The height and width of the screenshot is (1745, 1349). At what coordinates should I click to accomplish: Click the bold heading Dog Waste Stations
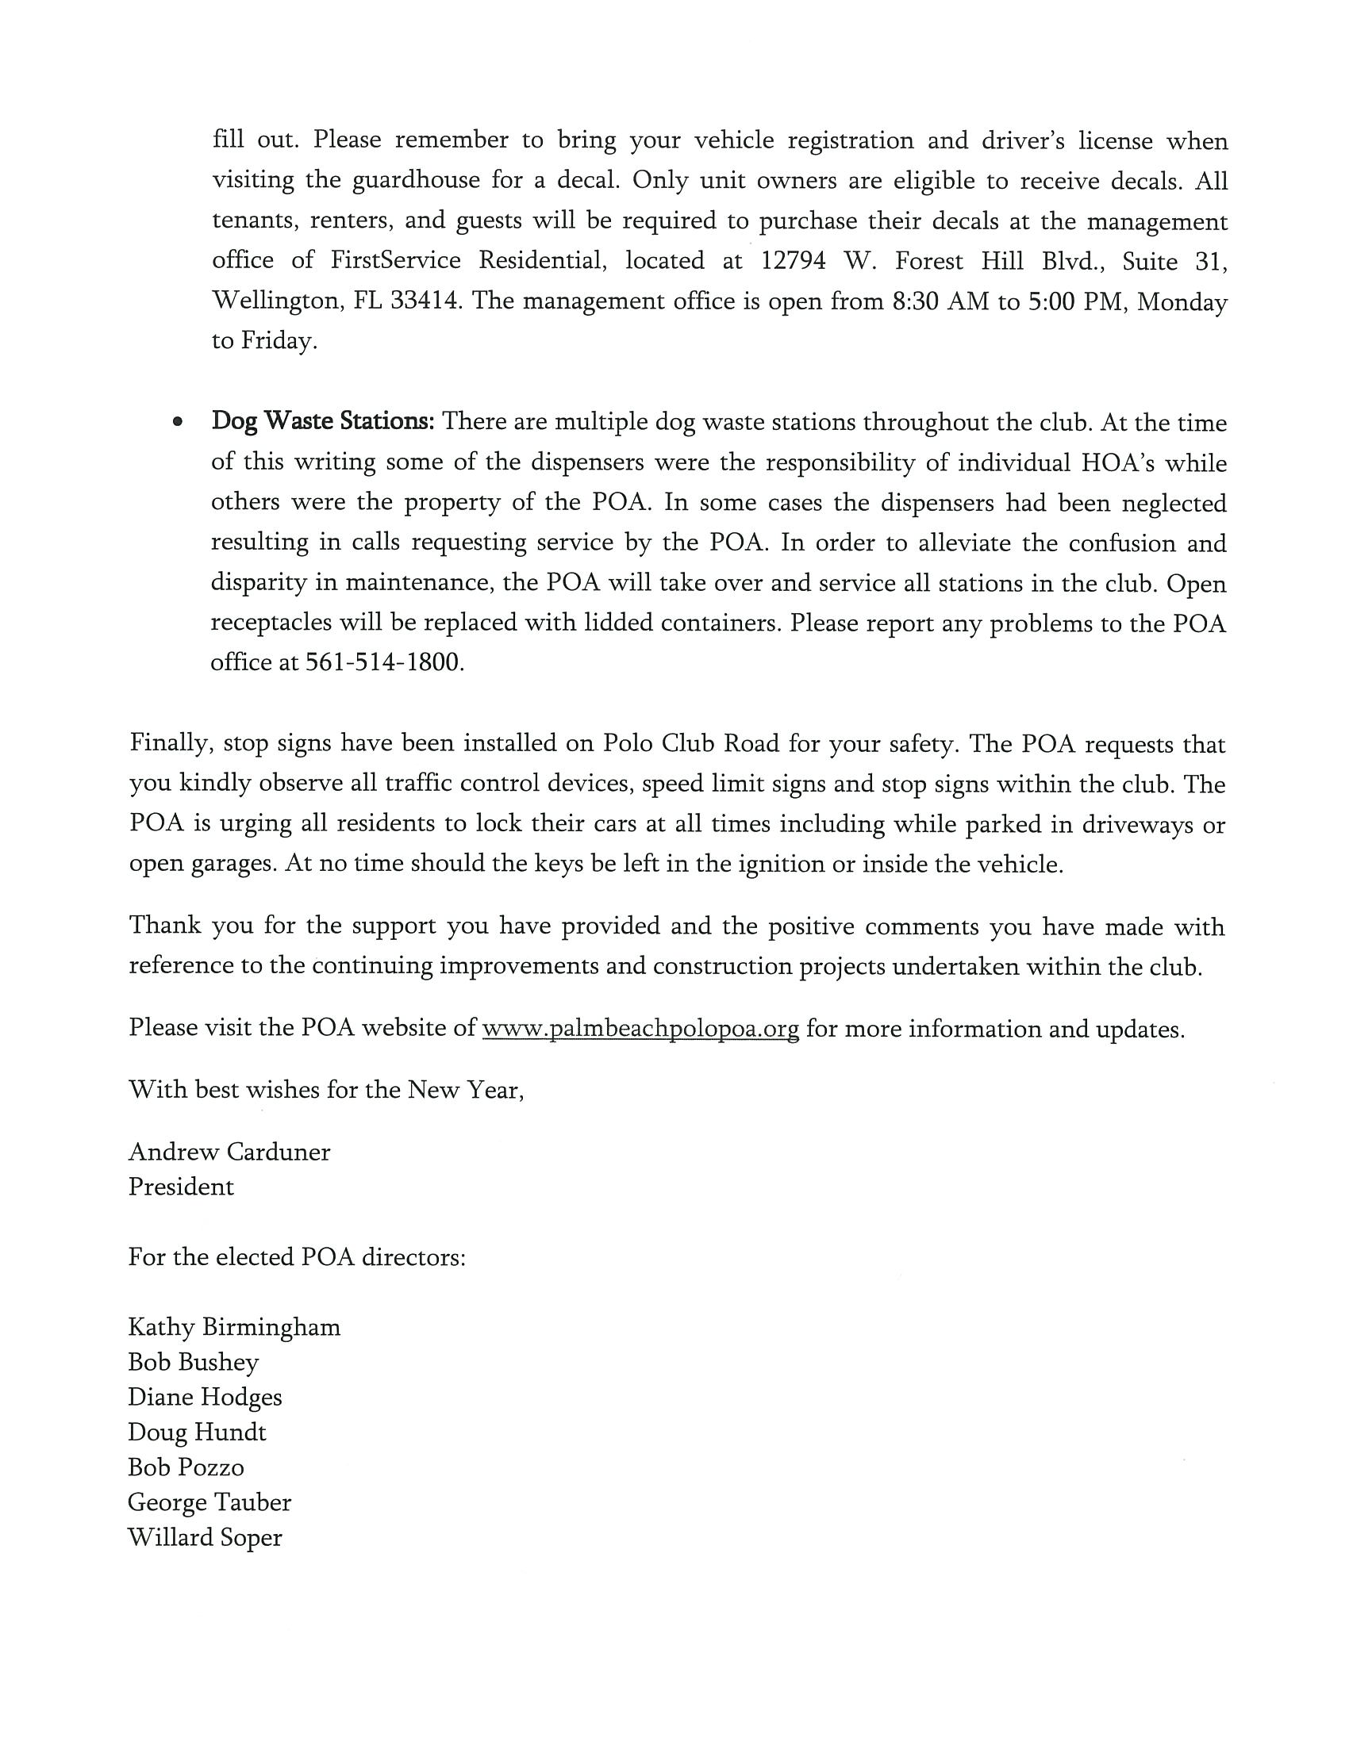322,421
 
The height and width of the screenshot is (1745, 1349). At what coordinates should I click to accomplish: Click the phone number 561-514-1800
383,662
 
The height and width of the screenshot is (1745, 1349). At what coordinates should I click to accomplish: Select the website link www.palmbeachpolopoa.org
640,1028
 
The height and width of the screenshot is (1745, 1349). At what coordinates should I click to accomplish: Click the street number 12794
793,261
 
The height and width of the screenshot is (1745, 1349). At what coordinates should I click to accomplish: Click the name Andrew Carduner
229,1152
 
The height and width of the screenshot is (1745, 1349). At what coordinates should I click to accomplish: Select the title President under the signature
182,1187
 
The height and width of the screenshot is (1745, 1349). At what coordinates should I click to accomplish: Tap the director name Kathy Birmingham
234,1327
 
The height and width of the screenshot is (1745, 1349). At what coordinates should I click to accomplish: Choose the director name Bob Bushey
194,1362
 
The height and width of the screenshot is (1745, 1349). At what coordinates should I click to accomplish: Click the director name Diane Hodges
206,1398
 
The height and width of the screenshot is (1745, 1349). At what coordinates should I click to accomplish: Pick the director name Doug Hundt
198,1432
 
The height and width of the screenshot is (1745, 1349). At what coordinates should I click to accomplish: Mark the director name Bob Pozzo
186,1467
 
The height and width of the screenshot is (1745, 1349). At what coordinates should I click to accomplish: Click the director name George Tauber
209,1502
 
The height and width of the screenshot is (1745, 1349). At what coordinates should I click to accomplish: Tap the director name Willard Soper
206,1537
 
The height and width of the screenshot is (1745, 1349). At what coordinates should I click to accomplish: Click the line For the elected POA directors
297,1257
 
